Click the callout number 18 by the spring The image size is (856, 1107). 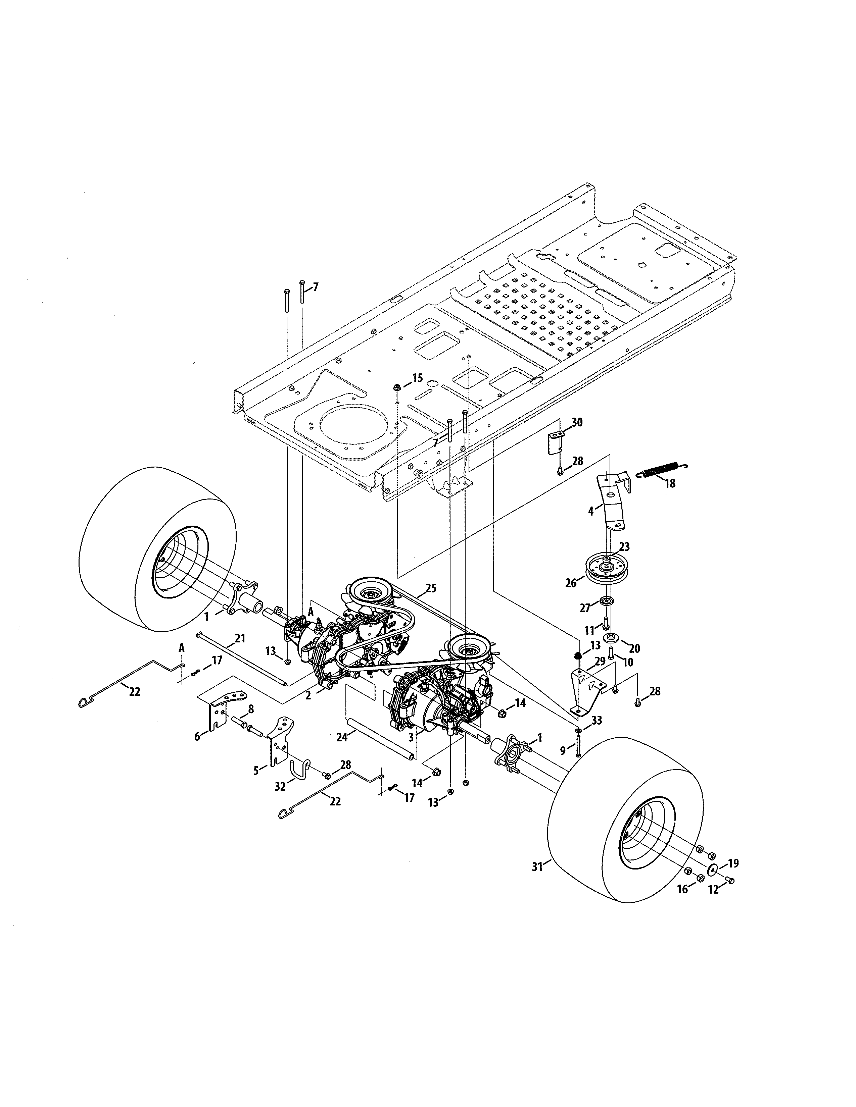pyautogui.click(x=670, y=483)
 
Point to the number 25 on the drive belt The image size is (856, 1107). pyautogui.click(x=431, y=588)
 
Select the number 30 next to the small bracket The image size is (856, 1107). pyautogui.click(x=577, y=422)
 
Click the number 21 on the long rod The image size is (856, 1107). pyautogui.click(x=240, y=638)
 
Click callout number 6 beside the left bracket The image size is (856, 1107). pyautogui.click(x=197, y=736)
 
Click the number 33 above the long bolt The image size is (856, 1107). pyautogui.click(x=597, y=720)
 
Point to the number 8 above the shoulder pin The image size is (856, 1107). pyautogui.click(x=250, y=708)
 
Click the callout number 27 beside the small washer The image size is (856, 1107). pyautogui.click(x=585, y=608)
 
